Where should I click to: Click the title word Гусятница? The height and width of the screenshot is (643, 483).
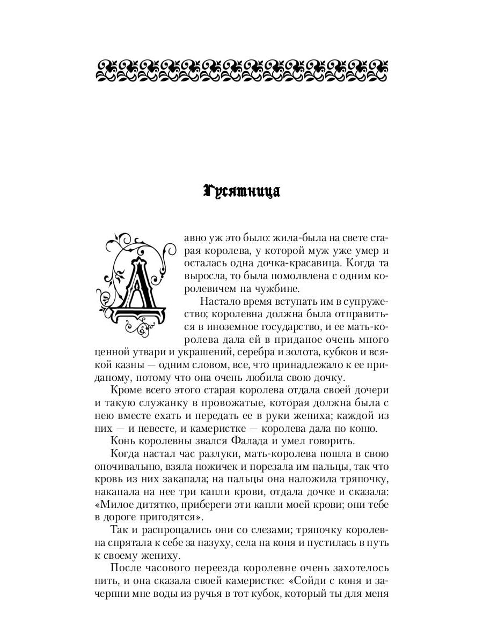242,192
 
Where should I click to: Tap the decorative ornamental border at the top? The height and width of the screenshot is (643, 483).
242,70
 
